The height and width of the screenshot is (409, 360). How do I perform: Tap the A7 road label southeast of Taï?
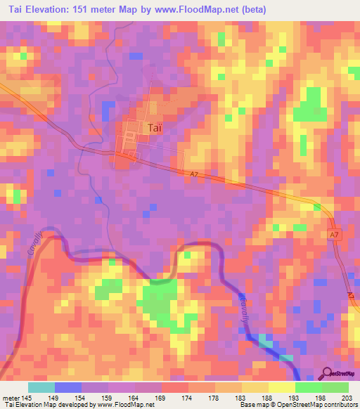[x=194, y=174]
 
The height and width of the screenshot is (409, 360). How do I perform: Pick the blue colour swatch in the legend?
[x=67, y=387]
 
